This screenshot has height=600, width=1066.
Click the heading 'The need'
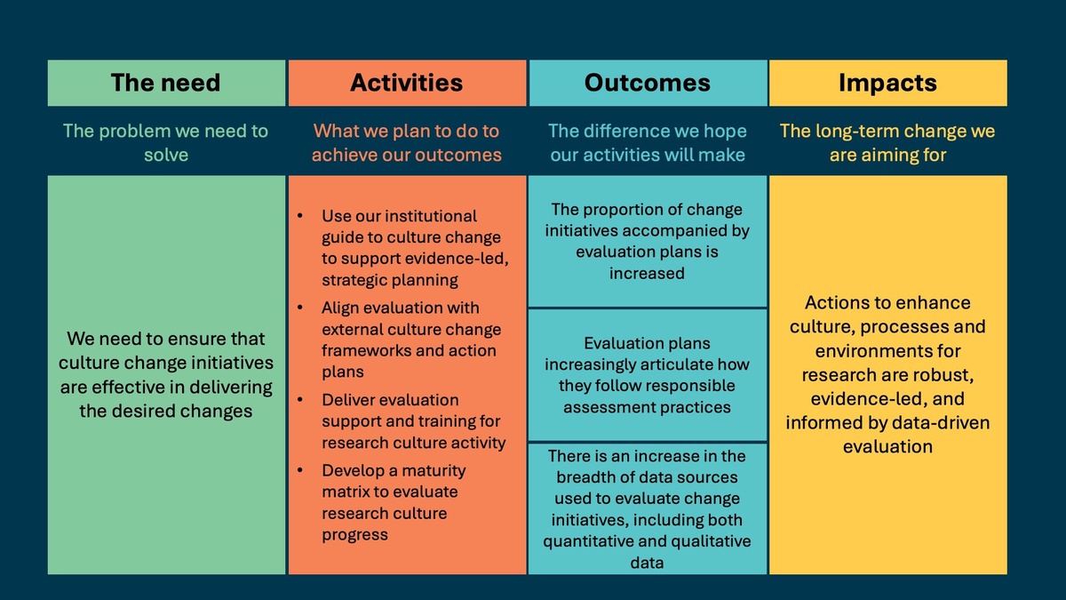click(165, 84)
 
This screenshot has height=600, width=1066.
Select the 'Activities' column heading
click(406, 84)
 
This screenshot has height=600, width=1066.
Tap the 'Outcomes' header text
click(647, 84)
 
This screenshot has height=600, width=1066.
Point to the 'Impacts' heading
click(887, 84)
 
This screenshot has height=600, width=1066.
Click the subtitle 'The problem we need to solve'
click(165, 142)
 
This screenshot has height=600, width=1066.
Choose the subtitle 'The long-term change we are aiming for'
click(887, 142)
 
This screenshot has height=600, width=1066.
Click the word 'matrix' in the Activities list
click(346, 492)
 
